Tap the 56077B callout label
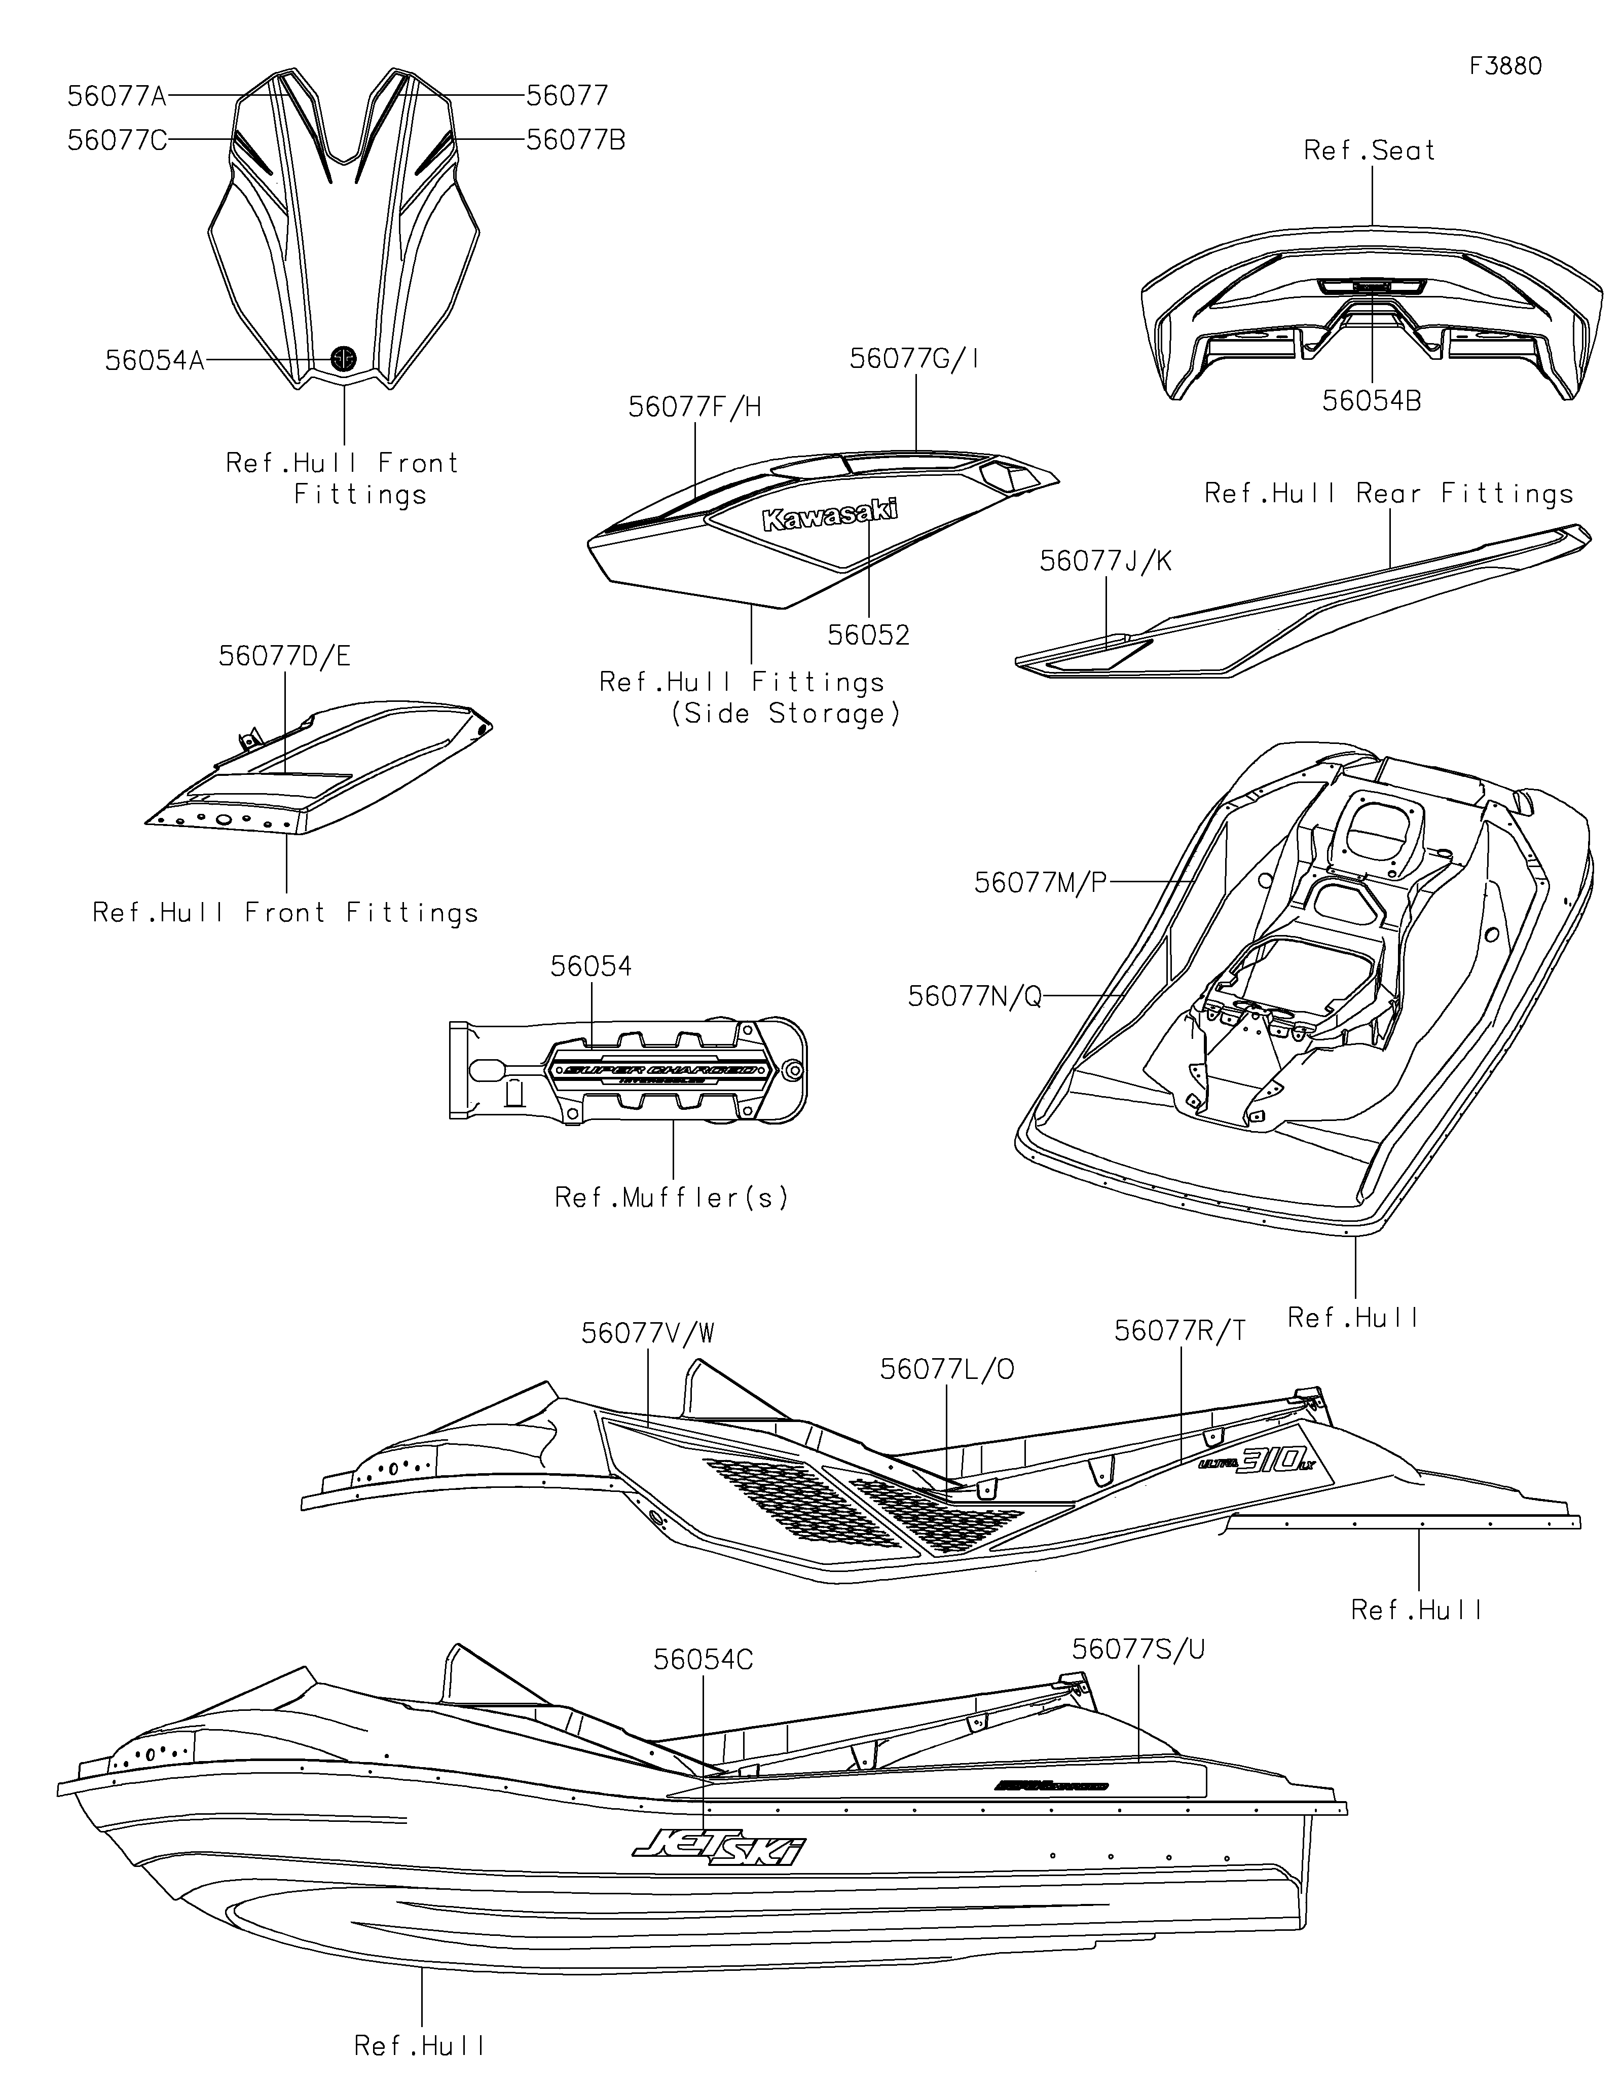575,140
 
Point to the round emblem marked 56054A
343,358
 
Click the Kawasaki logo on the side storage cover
830,515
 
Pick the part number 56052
868,635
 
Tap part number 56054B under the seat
1372,401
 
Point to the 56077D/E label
285,656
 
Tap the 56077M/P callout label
1041,882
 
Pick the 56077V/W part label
647,1333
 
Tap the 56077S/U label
1138,1650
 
